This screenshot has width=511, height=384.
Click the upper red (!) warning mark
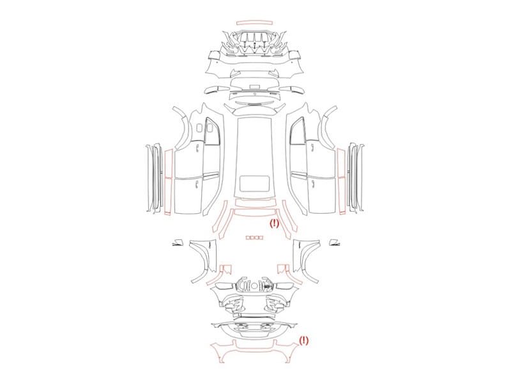coord(274,223)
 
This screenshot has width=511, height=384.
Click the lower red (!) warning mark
coord(303,340)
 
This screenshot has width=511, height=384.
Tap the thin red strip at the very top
coord(254,22)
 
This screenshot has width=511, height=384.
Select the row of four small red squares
coord(254,237)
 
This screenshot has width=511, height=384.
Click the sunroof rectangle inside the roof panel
coord(254,184)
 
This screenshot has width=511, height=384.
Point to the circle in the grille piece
coord(254,286)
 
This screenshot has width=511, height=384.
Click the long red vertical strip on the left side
coord(168,182)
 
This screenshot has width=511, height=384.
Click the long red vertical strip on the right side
coord(342,182)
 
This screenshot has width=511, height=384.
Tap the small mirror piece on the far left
coord(178,243)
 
